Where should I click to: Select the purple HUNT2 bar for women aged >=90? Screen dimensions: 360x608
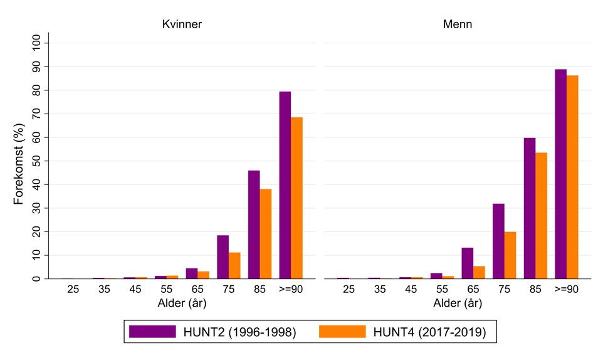tap(285, 185)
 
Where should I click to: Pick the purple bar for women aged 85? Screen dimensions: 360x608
tap(254, 225)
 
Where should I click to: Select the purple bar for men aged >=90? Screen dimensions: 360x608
tap(560, 174)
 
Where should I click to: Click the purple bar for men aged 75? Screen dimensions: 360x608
tap(498, 241)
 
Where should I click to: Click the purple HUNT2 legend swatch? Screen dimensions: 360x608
tap(152, 332)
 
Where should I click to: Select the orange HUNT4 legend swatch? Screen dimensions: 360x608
tap(342, 332)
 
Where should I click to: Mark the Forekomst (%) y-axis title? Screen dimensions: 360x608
tap(19, 161)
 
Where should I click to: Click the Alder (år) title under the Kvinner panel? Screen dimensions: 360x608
tap(182, 304)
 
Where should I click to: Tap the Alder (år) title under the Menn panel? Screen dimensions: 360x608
tap(457, 304)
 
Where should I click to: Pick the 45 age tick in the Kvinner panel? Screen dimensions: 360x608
tap(135, 290)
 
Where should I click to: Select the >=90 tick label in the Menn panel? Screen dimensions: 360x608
tap(567, 290)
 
